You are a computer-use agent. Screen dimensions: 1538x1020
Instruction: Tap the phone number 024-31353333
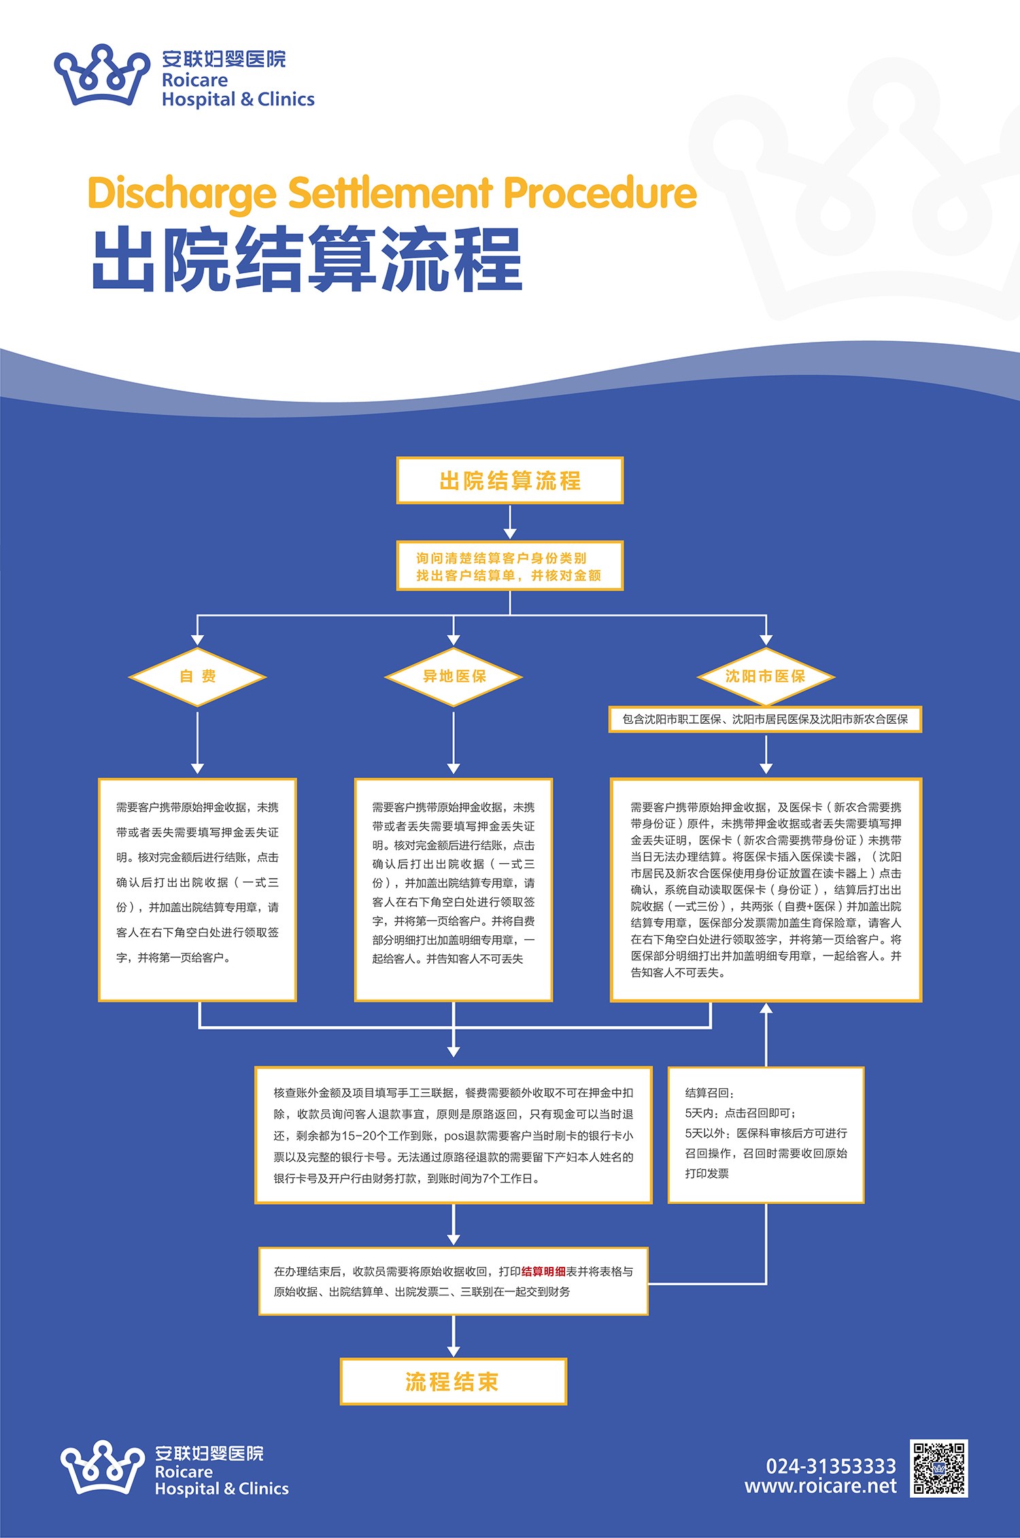[x=831, y=1466]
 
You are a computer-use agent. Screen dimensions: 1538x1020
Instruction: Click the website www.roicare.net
[x=820, y=1486]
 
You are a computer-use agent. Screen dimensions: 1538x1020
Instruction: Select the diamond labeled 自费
[x=197, y=676]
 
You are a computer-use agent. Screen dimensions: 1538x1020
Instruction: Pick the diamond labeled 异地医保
[x=454, y=676]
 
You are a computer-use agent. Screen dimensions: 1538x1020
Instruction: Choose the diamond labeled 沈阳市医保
[x=766, y=676]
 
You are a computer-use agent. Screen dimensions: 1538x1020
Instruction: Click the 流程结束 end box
[x=453, y=1381]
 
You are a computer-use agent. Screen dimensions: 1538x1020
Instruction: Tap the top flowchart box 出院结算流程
[x=510, y=480]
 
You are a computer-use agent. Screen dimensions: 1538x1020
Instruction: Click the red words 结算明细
[x=543, y=1271]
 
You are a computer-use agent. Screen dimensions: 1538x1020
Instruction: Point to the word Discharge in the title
[x=182, y=194]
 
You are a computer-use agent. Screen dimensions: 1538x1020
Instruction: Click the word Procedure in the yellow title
[x=600, y=194]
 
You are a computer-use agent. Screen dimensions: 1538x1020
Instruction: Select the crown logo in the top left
[x=102, y=75]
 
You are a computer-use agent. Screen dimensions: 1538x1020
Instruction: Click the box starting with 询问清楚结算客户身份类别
[x=510, y=565]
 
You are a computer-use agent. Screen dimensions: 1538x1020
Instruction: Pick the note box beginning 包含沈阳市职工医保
[x=765, y=719]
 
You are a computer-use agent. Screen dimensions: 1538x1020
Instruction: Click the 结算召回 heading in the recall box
[x=709, y=1093]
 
